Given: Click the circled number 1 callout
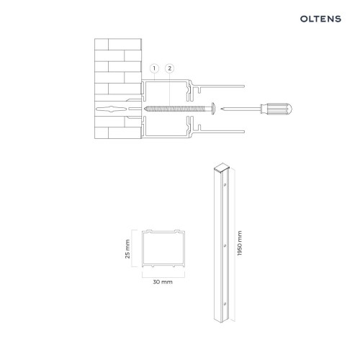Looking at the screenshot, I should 153,68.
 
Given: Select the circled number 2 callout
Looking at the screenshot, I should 170,68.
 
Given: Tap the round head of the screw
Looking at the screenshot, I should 215,109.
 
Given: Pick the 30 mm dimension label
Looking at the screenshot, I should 163,283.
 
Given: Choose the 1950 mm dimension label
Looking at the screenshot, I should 240,246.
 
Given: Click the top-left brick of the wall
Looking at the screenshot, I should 105,43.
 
